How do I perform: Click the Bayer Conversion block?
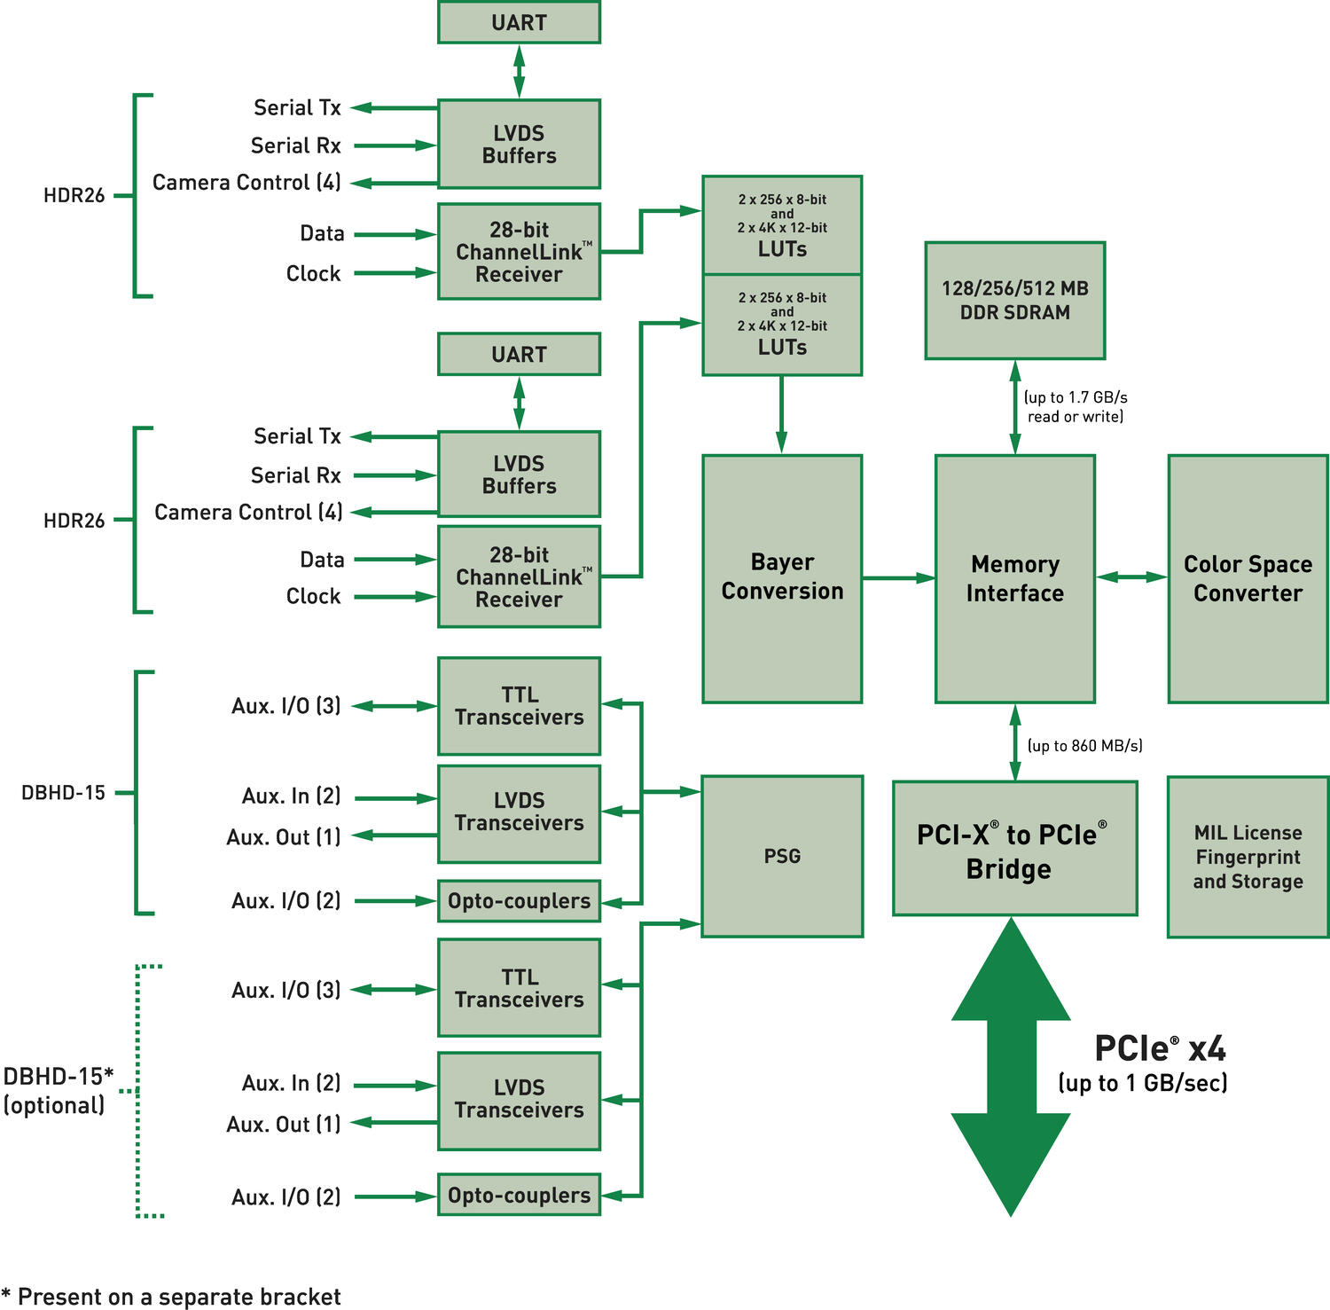pos(781,578)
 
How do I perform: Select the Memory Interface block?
pos(1014,578)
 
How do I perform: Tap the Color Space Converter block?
pos(1248,578)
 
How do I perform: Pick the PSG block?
pos(781,856)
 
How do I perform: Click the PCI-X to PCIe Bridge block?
pos(1014,849)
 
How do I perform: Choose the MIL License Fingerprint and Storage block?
pos(1248,857)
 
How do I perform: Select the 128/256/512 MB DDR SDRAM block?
pos(1014,301)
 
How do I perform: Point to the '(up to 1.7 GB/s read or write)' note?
pos(1075,407)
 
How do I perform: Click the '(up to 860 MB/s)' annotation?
pos(1084,746)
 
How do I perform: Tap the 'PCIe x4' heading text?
pos(1160,1048)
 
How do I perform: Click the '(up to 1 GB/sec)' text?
pos(1142,1083)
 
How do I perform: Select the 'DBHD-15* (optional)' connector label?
pos(58,1090)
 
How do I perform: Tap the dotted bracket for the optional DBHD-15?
pos(139,1091)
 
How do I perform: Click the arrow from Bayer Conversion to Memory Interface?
pos(898,578)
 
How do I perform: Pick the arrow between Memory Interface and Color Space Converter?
pos(1131,577)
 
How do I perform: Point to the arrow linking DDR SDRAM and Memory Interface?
pos(1015,407)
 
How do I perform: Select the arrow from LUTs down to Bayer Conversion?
pos(781,414)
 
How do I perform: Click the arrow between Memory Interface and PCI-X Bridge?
pos(1015,742)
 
